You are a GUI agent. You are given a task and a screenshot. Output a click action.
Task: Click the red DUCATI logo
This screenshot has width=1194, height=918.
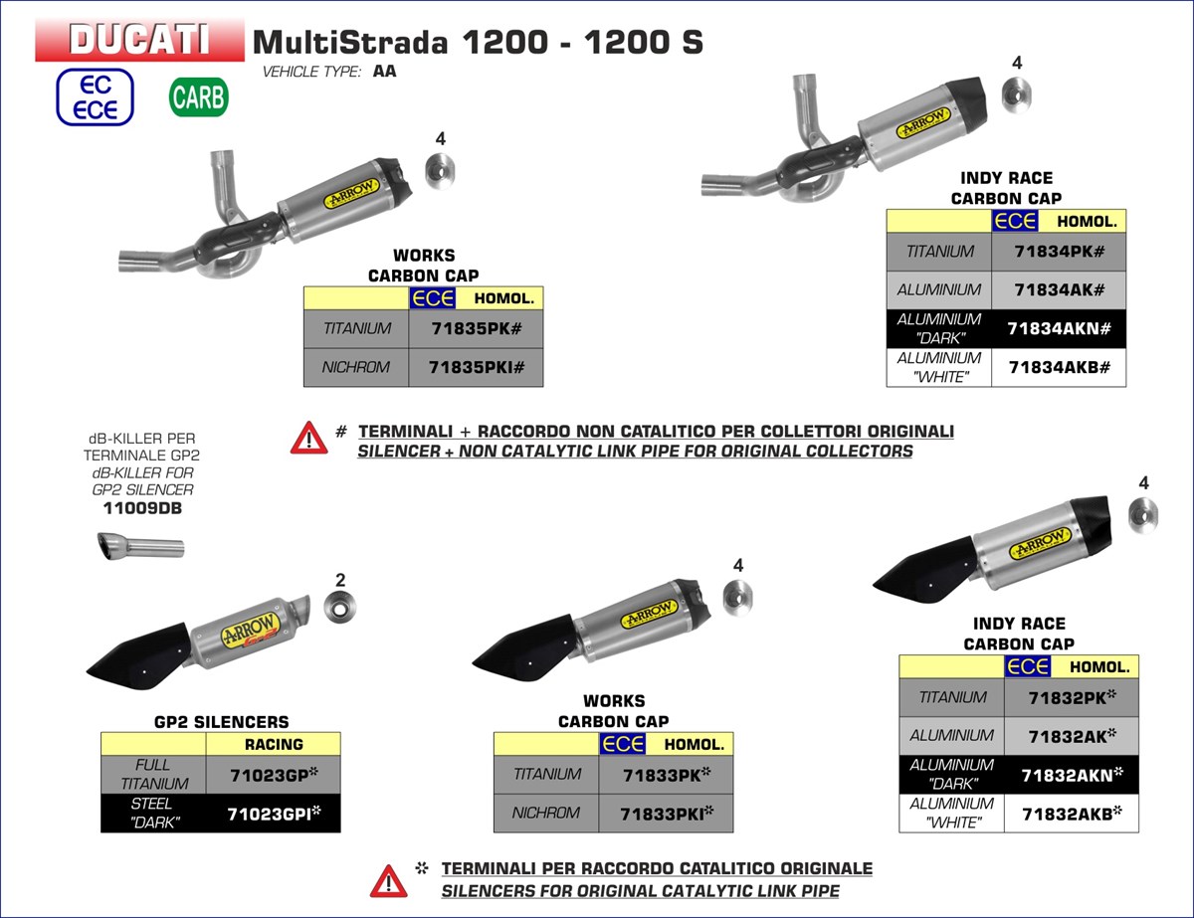coord(139,40)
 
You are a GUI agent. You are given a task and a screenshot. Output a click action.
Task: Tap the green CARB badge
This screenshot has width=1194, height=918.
coord(199,97)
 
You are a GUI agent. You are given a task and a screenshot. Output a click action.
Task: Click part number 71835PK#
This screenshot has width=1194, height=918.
coord(476,328)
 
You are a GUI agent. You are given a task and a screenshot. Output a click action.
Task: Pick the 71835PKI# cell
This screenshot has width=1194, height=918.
coord(476,367)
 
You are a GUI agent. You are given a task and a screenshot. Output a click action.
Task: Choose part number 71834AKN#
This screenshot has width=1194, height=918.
coord(1059,328)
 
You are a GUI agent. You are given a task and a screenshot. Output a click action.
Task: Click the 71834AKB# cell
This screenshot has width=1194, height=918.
coord(1059,367)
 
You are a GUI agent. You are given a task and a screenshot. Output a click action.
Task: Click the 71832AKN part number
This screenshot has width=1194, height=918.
coord(1069,774)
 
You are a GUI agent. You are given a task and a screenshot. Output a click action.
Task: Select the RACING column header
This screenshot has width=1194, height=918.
coord(274,744)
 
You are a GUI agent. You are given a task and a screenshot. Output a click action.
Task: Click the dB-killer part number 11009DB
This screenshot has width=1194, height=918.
coord(142,508)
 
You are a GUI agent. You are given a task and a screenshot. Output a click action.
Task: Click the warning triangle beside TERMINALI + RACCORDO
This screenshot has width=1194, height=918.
coord(308,438)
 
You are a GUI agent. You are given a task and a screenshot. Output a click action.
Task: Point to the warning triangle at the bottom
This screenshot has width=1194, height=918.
coord(388,879)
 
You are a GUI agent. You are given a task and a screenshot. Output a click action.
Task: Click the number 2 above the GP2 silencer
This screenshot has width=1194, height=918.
coord(340,579)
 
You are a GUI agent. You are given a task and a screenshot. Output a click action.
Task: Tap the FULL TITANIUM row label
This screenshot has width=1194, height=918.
coord(152,774)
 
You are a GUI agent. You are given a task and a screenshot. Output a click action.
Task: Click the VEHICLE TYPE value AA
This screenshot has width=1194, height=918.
coord(384,72)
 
